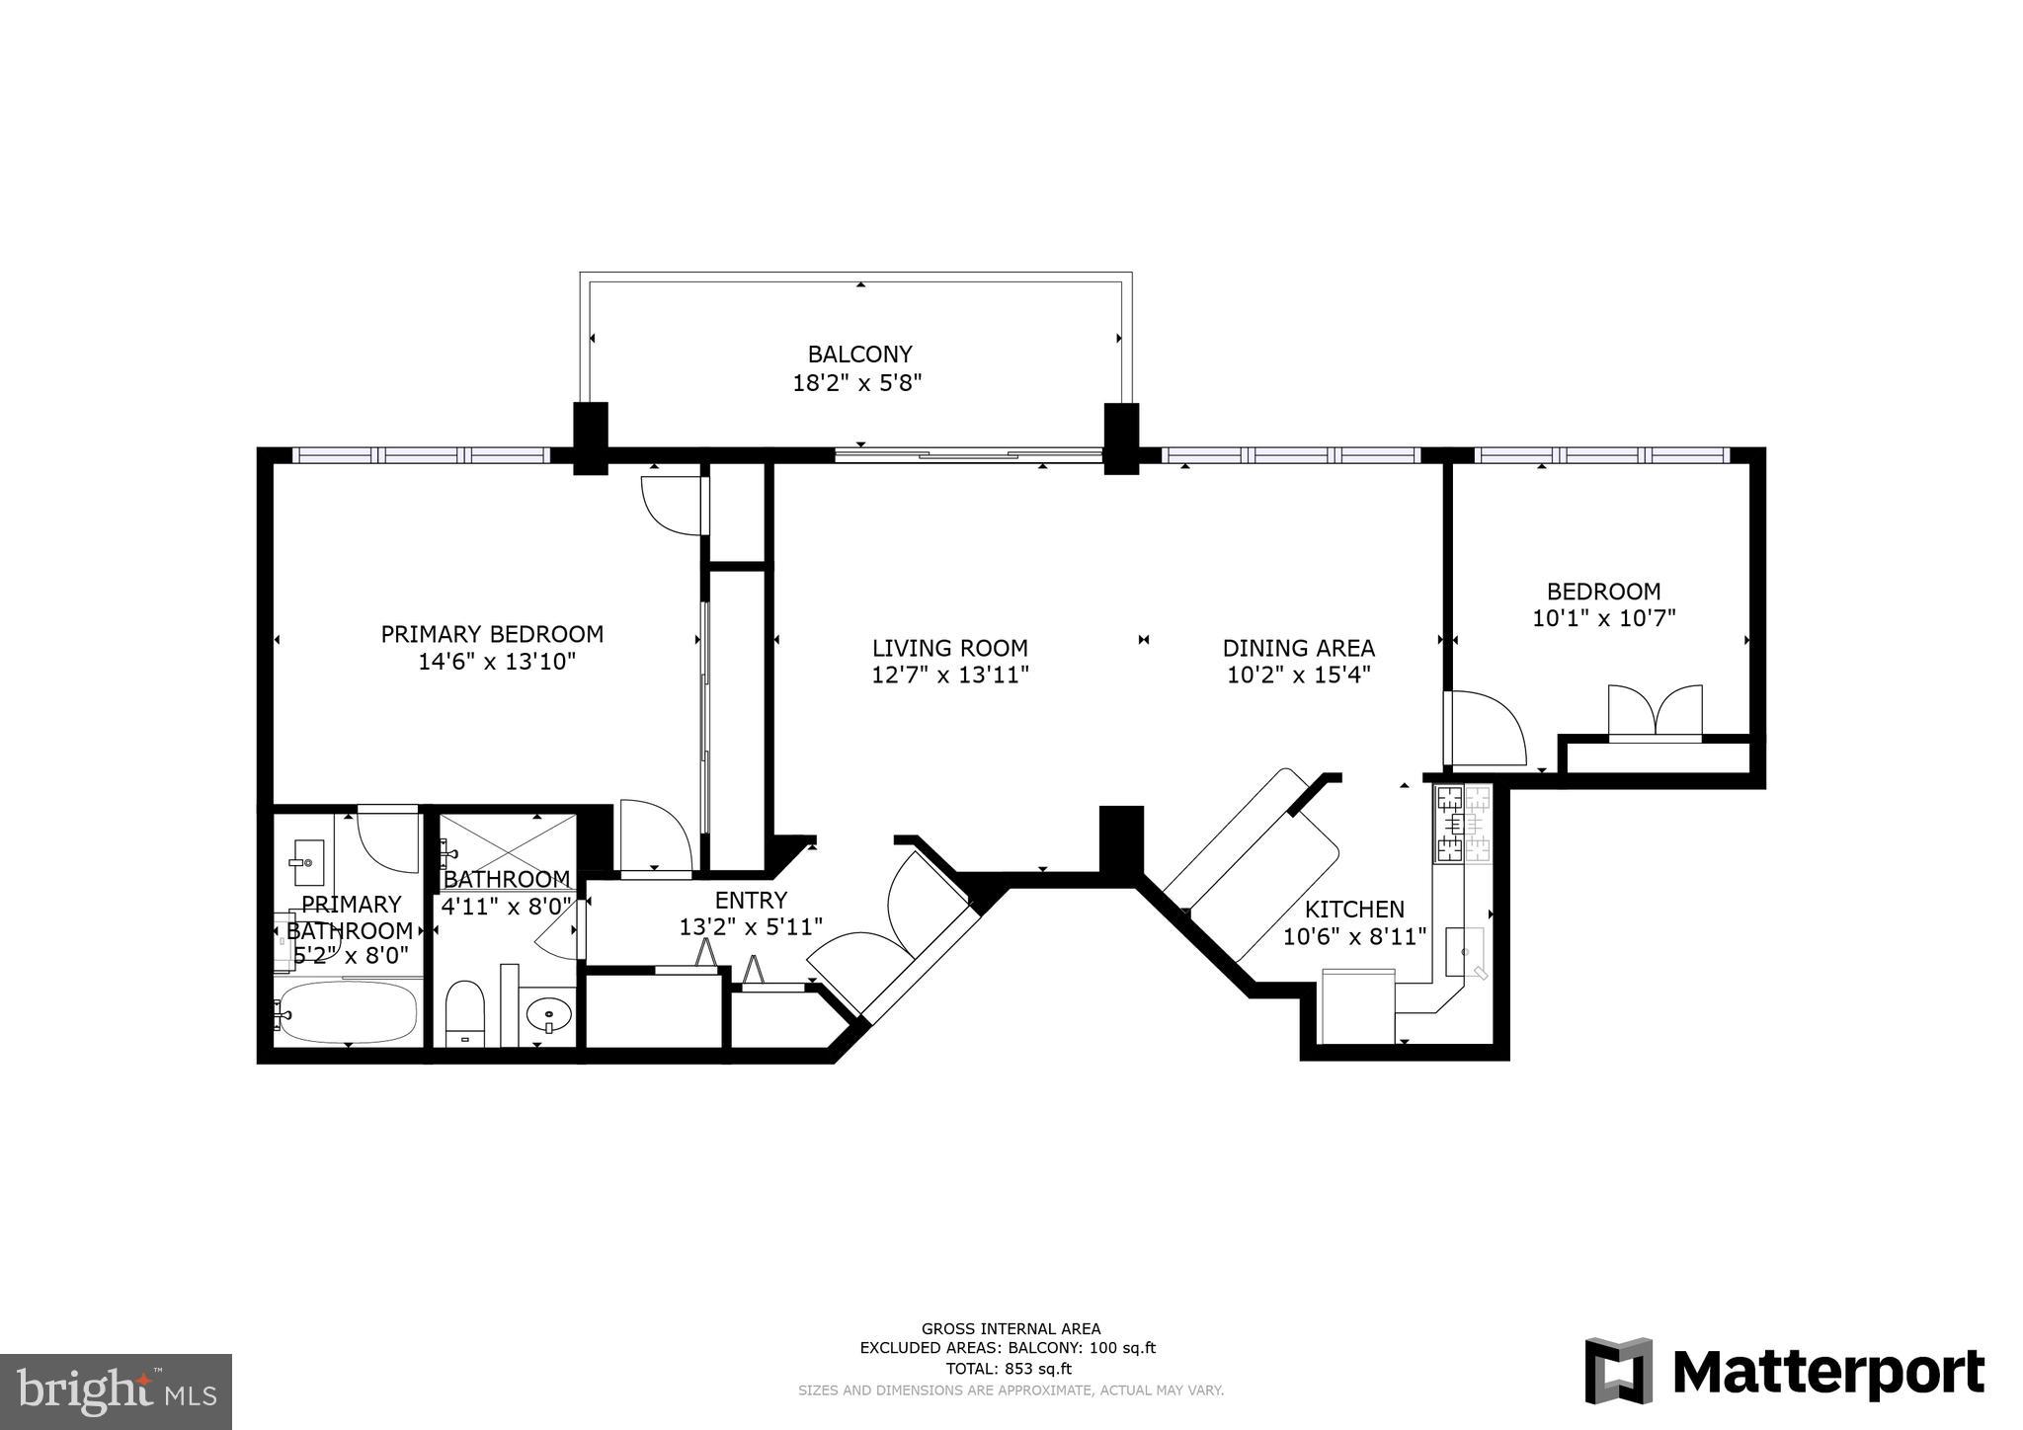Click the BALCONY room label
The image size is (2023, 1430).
point(859,354)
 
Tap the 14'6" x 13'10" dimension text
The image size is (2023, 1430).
point(496,662)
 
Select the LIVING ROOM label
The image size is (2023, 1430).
point(949,648)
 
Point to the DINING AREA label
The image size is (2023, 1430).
point(1298,648)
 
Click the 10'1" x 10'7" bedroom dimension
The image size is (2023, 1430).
point(1603,619)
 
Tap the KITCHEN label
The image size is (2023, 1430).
point(1354,909)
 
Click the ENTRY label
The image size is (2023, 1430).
point(751,900)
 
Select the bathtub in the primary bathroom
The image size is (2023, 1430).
point(348,1011)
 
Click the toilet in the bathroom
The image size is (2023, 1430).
point(464,1011)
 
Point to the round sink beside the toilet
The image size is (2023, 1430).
point(547,1013)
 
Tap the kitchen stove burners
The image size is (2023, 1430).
point(1463,823)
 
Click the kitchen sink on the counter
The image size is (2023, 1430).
point(1465,950)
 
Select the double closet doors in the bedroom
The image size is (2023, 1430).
point(1655,711)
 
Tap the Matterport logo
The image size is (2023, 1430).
point(1784,1371)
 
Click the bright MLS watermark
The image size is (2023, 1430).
point(116,1391)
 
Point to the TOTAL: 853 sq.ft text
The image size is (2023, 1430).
point(1010,1369)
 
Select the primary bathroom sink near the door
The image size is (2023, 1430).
point(307,862)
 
